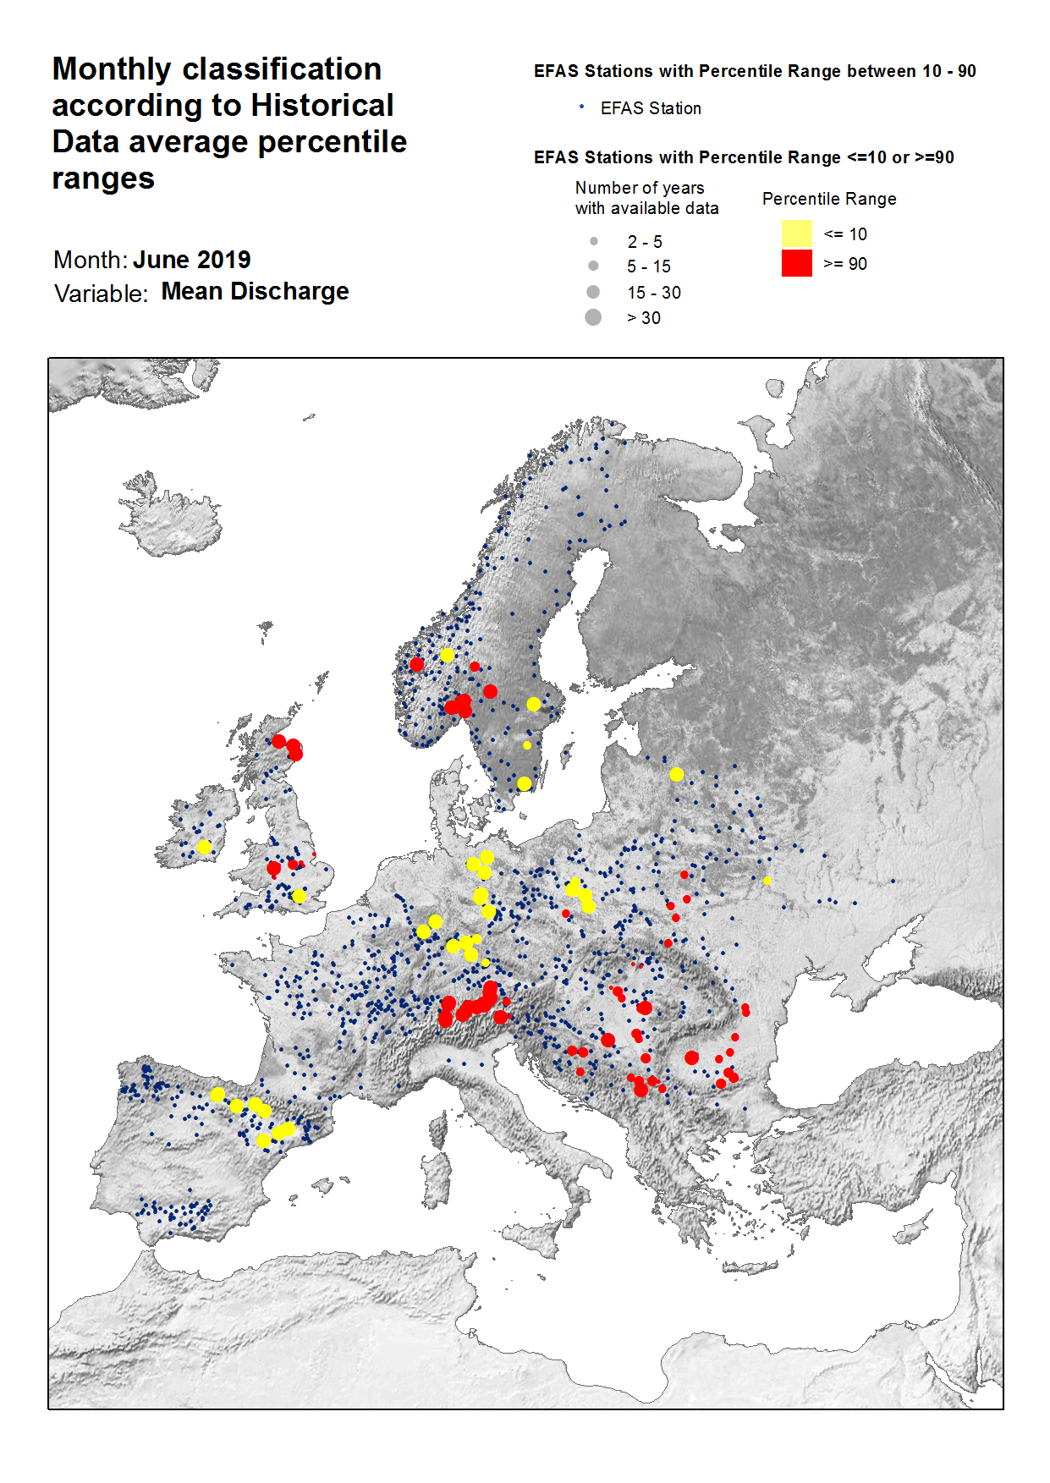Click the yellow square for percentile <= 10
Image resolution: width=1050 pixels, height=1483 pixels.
point(796,233)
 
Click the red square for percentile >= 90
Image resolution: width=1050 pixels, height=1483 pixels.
point(796,263)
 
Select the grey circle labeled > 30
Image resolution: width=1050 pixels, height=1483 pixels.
point(593,317)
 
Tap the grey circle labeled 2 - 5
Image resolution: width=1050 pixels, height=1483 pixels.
point(593,241)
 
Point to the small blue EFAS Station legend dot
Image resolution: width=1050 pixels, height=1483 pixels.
point(581,107)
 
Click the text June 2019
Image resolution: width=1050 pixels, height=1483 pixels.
point(192,260)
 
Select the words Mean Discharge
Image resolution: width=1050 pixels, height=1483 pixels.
point(255,292)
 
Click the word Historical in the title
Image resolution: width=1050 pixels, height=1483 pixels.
point(322,106)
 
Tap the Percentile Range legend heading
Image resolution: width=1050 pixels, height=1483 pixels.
point(829,199)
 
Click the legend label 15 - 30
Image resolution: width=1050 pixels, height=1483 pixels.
point(653,293)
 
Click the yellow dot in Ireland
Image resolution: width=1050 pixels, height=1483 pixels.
point(204,847)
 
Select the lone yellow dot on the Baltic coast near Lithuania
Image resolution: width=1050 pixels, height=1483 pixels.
point(676,774)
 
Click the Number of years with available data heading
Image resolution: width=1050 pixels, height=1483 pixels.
point(646,198)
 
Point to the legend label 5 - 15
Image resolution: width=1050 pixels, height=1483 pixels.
point(648,266)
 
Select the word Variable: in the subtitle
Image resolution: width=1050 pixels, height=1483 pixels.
point(101,294)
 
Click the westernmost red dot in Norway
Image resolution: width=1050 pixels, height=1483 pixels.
point(416,664)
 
